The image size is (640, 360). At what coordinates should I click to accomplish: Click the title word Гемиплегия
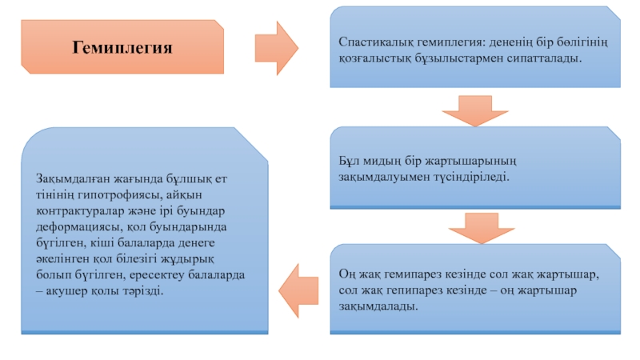pos(122,48)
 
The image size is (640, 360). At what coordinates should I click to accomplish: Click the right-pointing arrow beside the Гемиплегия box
pos(277,48)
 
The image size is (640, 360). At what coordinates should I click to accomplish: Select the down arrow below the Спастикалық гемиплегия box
pos(475,111)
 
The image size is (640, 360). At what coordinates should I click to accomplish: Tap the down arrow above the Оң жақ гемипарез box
pos(482,228)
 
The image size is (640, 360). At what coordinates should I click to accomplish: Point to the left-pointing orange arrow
pos(298,290)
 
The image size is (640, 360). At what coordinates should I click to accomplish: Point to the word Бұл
pos(347,161)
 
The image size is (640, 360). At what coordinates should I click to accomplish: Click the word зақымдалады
pos(378,306)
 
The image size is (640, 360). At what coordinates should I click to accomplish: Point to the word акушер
pos(66,291)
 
